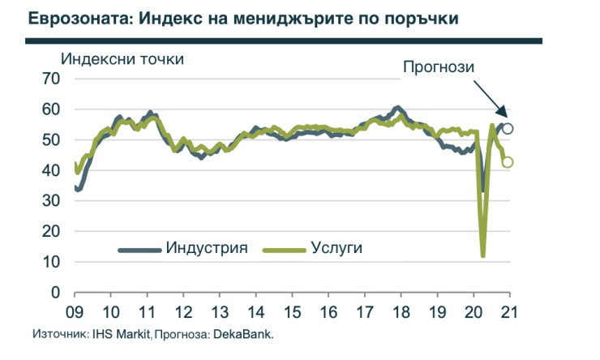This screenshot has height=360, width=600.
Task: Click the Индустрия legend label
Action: pos(206,247)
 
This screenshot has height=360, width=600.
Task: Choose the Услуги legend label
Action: pos(336,247)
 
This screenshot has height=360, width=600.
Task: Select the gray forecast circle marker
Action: pos(508,128)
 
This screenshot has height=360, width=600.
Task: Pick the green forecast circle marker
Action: pos(508,162)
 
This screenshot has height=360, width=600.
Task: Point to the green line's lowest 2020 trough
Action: pos(483,255)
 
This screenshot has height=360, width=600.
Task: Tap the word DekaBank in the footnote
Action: pos(249,334)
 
